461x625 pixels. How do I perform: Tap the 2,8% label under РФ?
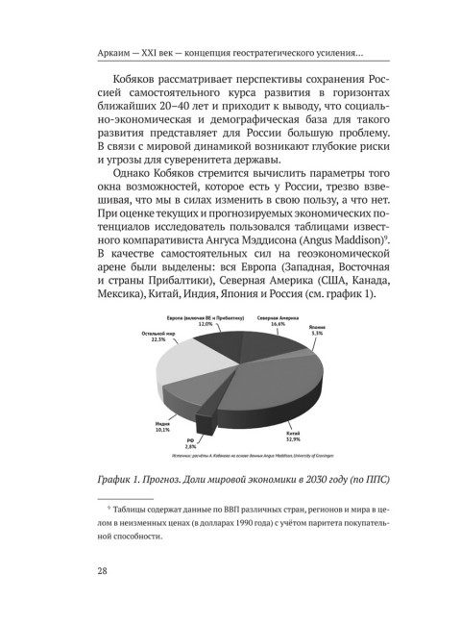click(191, 447)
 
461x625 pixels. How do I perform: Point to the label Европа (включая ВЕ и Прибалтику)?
click(206, 316)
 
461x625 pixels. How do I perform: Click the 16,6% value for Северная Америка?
click(278, 324)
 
